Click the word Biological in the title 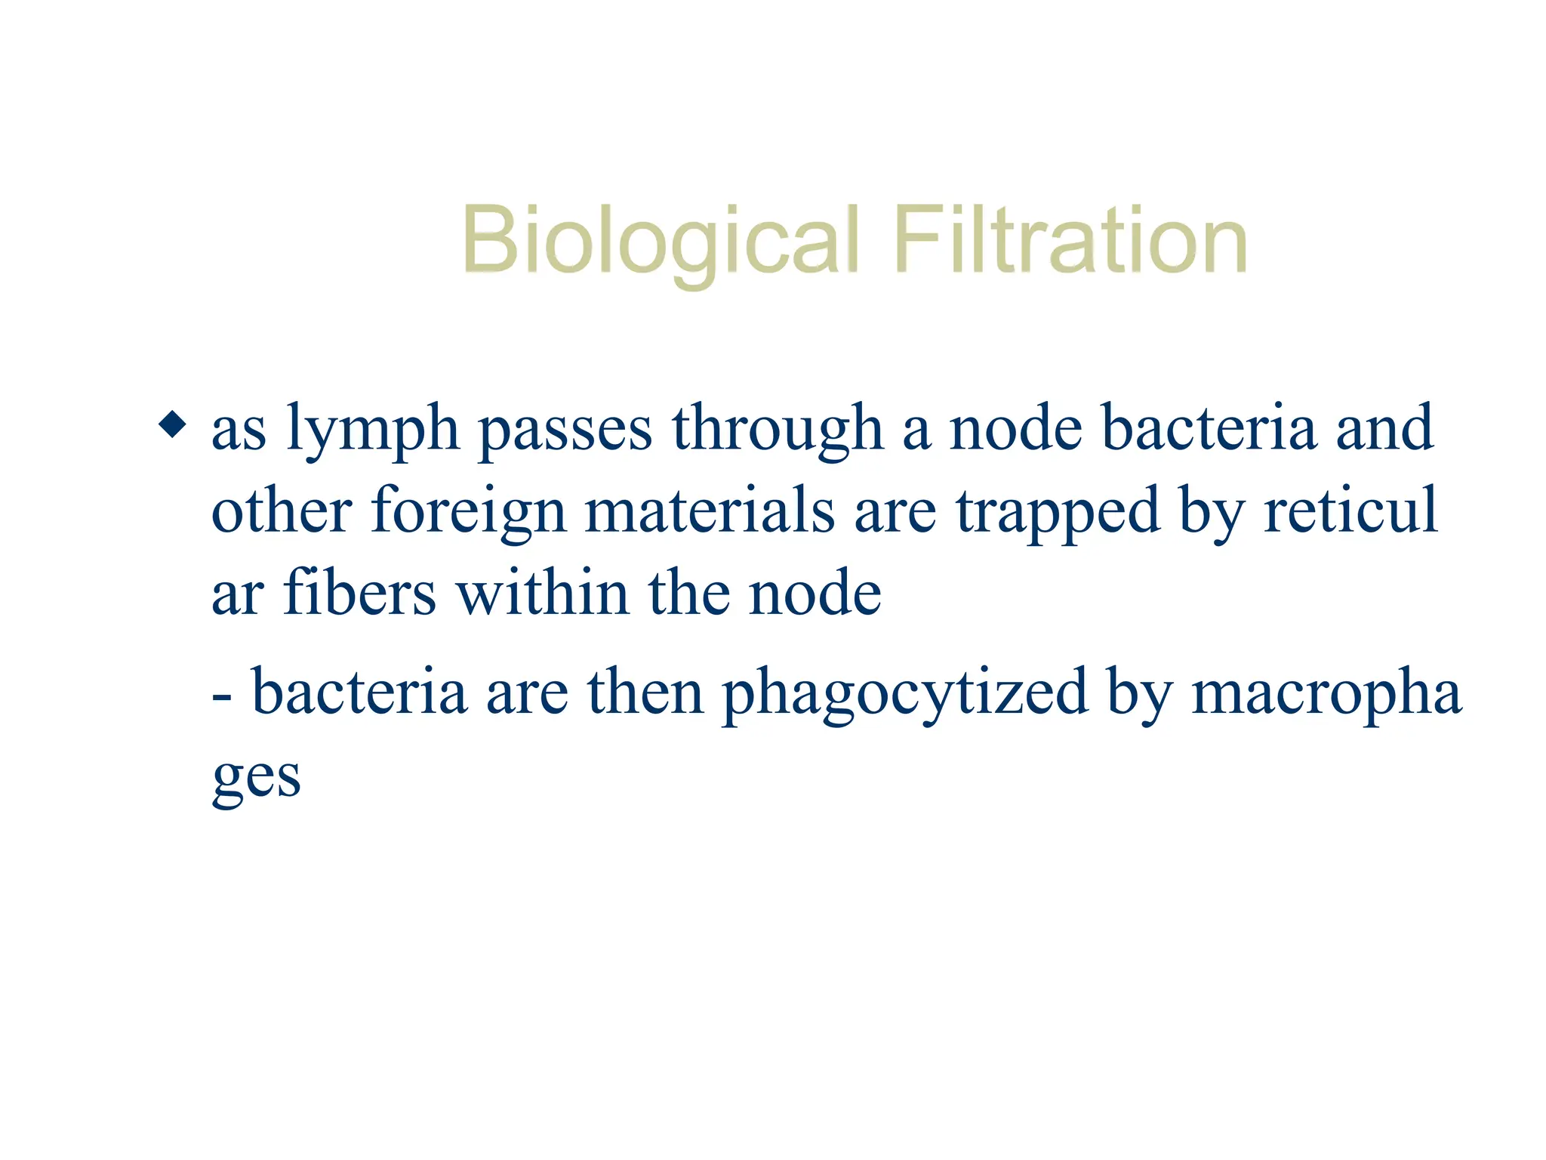[661, 241]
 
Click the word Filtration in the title [1070, 241]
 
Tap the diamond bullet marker [173, 424]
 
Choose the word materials [710, 511]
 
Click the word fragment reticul [1350, 511]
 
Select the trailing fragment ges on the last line [257, 778]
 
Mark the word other [282, 511]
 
